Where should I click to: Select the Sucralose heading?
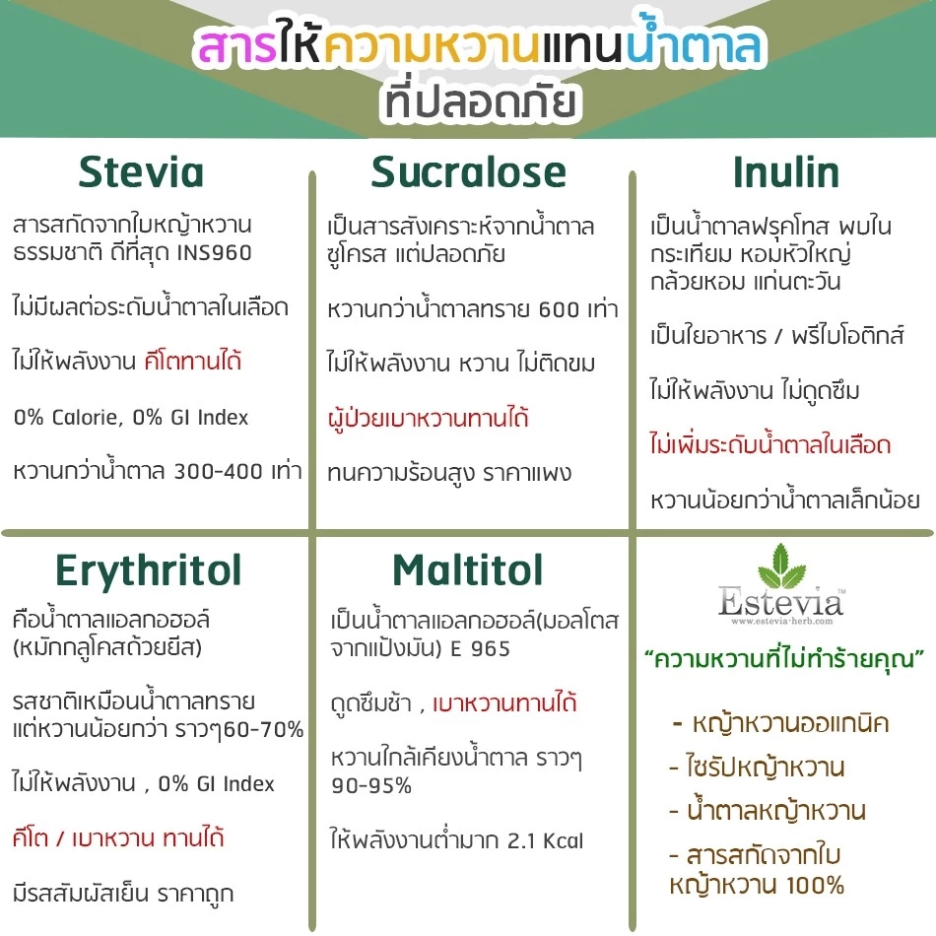(469, 172)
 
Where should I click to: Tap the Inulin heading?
(785, 172)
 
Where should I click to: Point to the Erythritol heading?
(148, 569)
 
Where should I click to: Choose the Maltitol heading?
(467, 569)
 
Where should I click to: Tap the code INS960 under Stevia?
(214, 253)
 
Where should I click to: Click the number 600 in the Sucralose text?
(561, 309)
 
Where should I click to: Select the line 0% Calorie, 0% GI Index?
(130, 417)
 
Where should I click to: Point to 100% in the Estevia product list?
(802, 885)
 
